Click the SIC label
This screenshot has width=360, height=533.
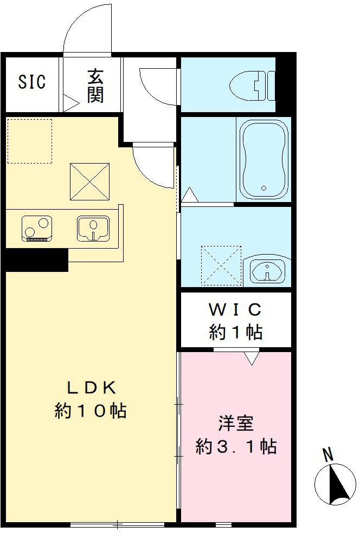click(x=32, y=82)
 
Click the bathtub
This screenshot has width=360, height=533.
click(x=263, y=159)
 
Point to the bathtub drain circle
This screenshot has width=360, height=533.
click(x=264, y=188)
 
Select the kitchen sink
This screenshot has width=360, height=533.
click(x=93, y=227)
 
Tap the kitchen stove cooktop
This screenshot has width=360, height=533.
click(x=37, y=227)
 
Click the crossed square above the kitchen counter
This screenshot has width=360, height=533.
click(x=91, y=181)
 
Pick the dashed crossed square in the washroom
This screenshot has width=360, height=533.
click(x=221, y=265)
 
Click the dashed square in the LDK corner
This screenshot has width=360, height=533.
click(x=30, y=141)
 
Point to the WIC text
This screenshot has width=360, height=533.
click(x=235, y=310)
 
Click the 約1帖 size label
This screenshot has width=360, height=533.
click(x=235, y=332)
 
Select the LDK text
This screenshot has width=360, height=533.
click(x=91, y=388)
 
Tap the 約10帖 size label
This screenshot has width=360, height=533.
click(x=91, y=411)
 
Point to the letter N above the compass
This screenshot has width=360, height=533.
click(x=327, y=455)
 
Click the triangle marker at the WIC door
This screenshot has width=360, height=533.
click(x=250, y=358)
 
